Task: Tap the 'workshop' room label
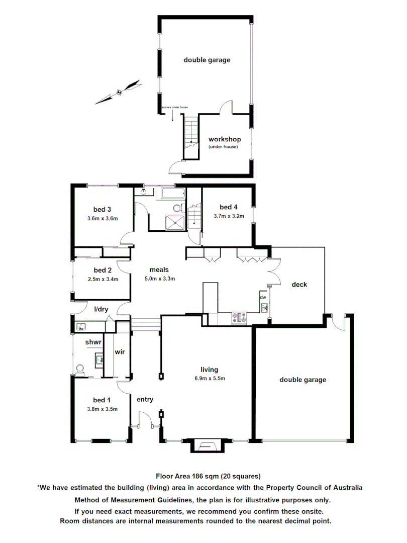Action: (225, 139)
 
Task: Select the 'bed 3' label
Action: (102, 209)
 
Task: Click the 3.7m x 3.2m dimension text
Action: (229, 217)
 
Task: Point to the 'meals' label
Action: (159, 269)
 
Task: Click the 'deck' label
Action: (299, 285)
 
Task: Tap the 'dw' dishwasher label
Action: (263, 297)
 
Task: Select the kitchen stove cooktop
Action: (239, 318)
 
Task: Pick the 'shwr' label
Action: (93, 342)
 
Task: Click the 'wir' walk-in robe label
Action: (120, 351)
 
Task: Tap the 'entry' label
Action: (145, 399)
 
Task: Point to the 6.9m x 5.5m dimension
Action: (209, 379)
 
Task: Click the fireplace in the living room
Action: (207, 445)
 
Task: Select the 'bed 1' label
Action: (102, 400)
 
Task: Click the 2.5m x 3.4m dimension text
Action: (102, 279)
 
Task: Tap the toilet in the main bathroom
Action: (177, 208)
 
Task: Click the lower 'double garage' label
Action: (303, 380)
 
